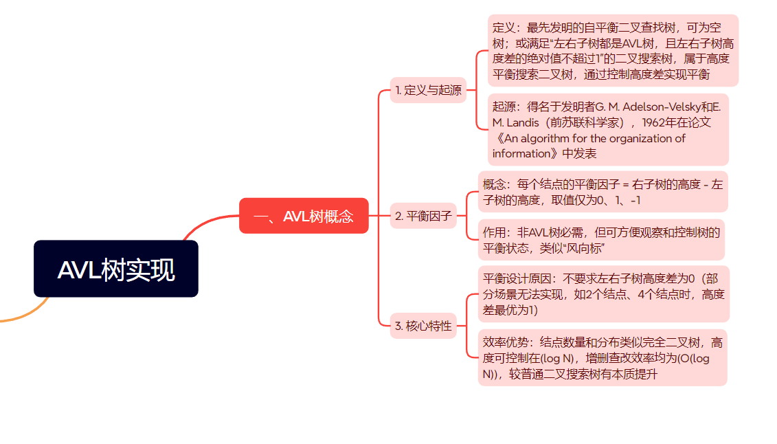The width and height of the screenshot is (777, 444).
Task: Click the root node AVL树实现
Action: tap(116, 269)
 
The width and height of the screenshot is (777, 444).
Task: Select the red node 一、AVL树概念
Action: tap(304, 216)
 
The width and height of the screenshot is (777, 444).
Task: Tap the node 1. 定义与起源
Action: tap(428, 90)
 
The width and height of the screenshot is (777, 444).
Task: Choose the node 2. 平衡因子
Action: tap(423, 216)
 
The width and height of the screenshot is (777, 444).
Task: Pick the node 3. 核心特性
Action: tap(423, 326)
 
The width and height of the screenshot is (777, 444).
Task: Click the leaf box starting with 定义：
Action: tap(613, 51)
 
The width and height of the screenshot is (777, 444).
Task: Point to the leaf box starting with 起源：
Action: tap(607, 130)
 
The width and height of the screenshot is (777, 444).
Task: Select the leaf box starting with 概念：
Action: tap(603, 192)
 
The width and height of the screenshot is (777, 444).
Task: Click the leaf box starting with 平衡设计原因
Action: tap(603, 294)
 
